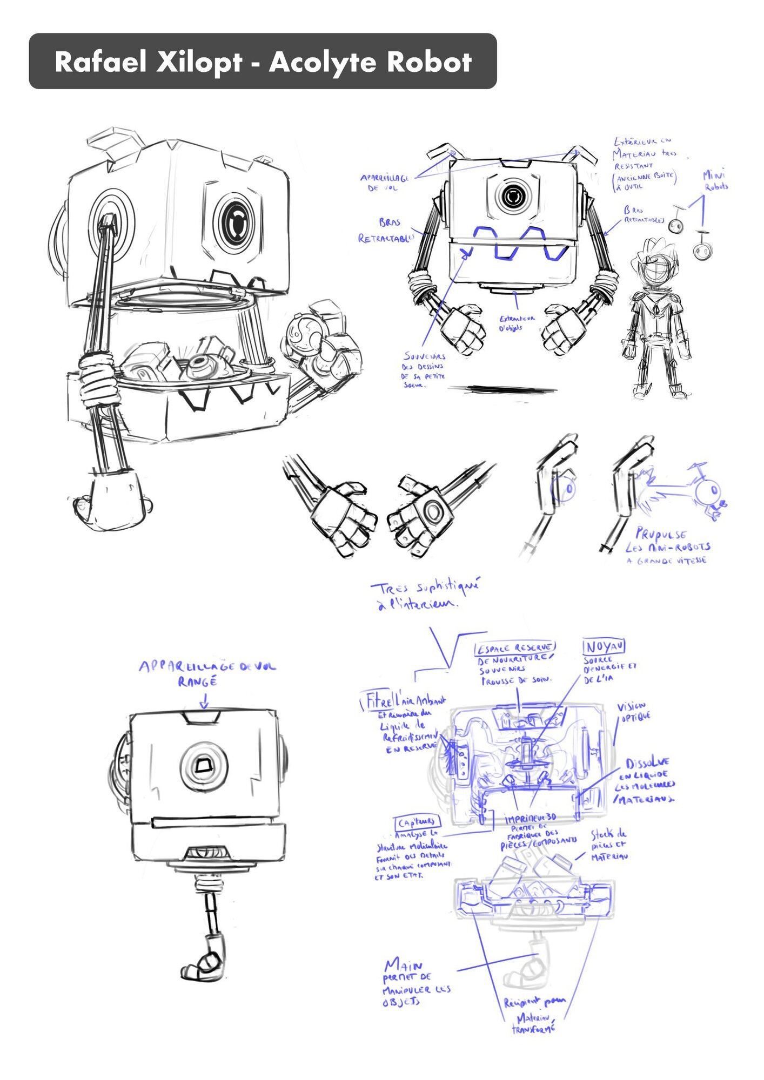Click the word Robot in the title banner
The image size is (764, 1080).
click(x=429, y=62)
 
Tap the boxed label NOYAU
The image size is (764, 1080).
click(x=604, y=646)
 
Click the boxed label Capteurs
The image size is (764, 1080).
click(x=418, y=822)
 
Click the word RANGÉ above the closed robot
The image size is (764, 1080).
click(x=197, y=682)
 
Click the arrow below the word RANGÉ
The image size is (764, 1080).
click(x=204, y=701)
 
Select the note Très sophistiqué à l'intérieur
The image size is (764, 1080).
click(x=424, y=595)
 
